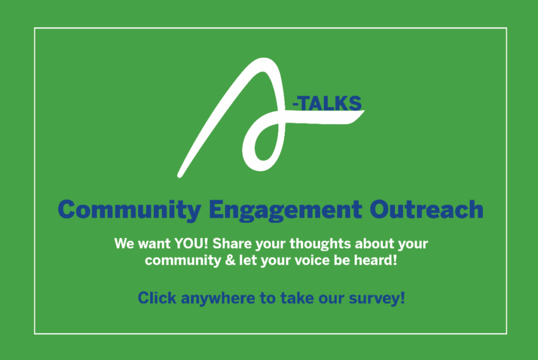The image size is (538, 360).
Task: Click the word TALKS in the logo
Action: pos(332,104)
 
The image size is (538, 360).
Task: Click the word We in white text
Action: pos(122,244)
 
